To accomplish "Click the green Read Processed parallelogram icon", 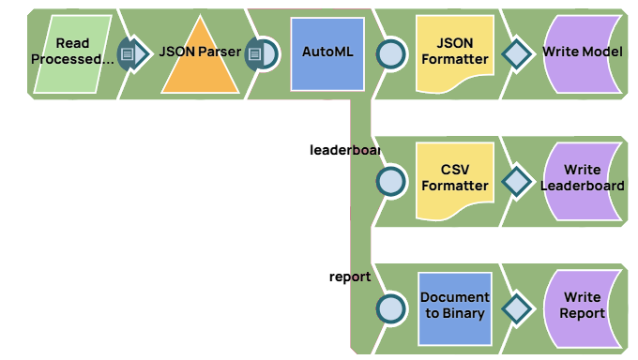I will click(x=72, y=53).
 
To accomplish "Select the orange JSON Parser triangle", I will click(x=200, y=61).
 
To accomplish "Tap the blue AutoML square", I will click(x=327, y=53).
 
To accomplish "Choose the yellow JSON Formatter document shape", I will click(x=455, y=53).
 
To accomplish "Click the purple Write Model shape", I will click(x=582, y=53).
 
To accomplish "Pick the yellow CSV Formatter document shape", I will click(x=455, y=179).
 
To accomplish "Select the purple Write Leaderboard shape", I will click(x=582, y=179).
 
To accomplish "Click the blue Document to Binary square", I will click(x=455, y=307).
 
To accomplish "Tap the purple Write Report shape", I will click(x=582, y=307).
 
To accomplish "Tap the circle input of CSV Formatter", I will click(x=389, y=180).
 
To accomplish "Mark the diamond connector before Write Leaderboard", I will click(x=516, y=180).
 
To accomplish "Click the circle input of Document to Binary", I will click(x=389, y=307).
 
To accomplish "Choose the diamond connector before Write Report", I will click(x=516, y=307).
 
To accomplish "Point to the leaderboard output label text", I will click(x=344, y=149).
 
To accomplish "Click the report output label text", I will click(x=350, y=277).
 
